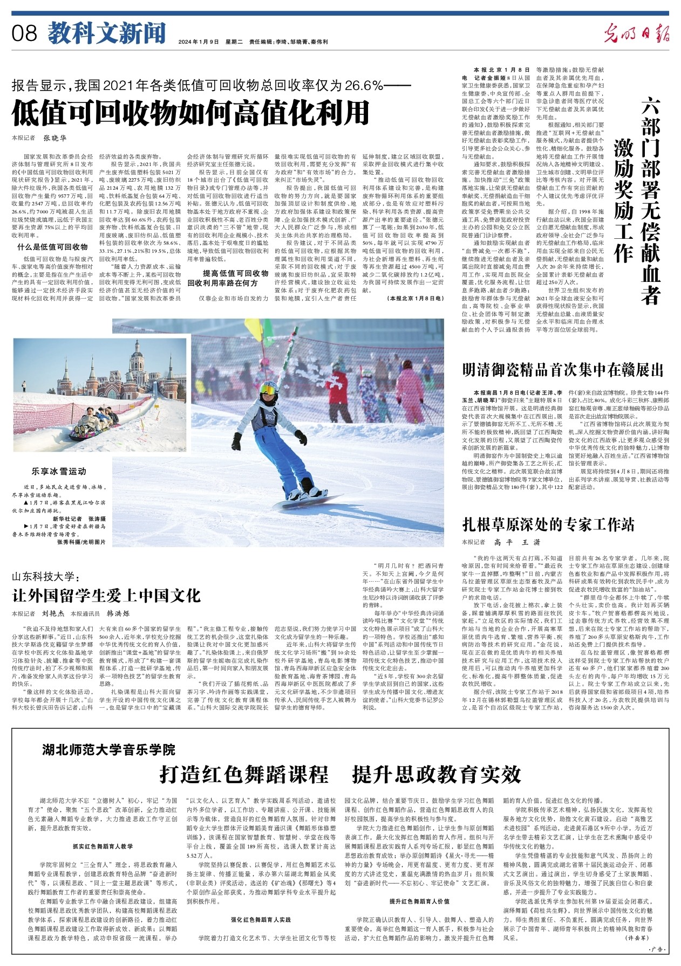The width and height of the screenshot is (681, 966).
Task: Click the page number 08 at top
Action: click(x=24, y=34)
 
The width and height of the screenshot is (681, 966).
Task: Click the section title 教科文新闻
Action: click(x=106, y=33)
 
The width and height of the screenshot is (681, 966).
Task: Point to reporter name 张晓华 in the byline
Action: click(x=55, y=138)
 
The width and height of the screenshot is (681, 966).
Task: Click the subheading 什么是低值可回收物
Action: click(x=60, y=247)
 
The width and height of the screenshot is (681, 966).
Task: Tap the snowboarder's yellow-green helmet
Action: click(x=268, y=388)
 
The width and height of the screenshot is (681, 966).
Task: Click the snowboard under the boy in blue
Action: click(x=307, y=501)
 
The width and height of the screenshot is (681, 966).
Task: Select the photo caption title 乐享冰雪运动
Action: click(x=59, y=471)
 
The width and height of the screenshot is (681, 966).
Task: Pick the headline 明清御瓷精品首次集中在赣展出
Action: click(x=563, y=370)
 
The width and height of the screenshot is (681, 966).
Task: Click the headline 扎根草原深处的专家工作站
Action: click(x=548, y=525)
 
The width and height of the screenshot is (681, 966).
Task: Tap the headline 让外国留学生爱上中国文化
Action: click(x=107, y=595)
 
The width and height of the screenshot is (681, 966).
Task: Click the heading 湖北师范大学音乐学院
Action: click(x=110, y=749)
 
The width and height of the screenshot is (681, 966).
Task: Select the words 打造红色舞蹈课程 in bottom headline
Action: click(x=244, y=774)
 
